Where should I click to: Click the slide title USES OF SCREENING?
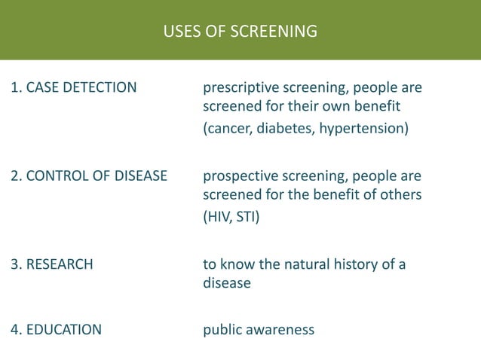[240, 32]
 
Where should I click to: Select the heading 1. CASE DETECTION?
[74, 88]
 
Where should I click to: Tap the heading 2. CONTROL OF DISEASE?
[88, 176]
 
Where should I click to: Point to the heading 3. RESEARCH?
[52, 264]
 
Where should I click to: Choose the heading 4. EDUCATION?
[57, 329]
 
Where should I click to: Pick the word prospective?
[240, 177]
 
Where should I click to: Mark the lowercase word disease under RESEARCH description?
[227, 284]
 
